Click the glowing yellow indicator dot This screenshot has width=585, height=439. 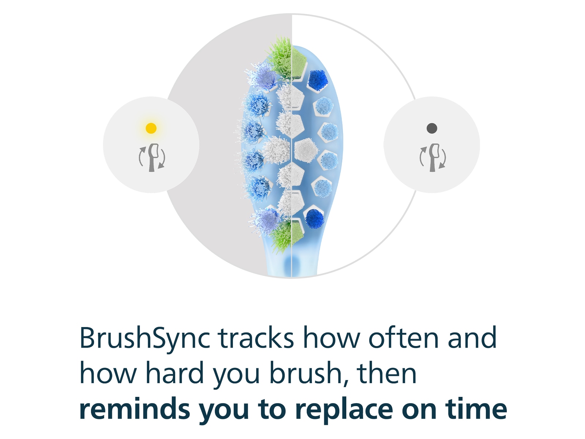(151, 128)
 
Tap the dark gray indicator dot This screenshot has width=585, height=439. (432, 128)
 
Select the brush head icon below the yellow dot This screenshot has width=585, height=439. (152, 158)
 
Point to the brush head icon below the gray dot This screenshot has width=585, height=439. (433, 158)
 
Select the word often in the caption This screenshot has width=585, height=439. (404, 338)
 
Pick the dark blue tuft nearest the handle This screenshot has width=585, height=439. (314, 218)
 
